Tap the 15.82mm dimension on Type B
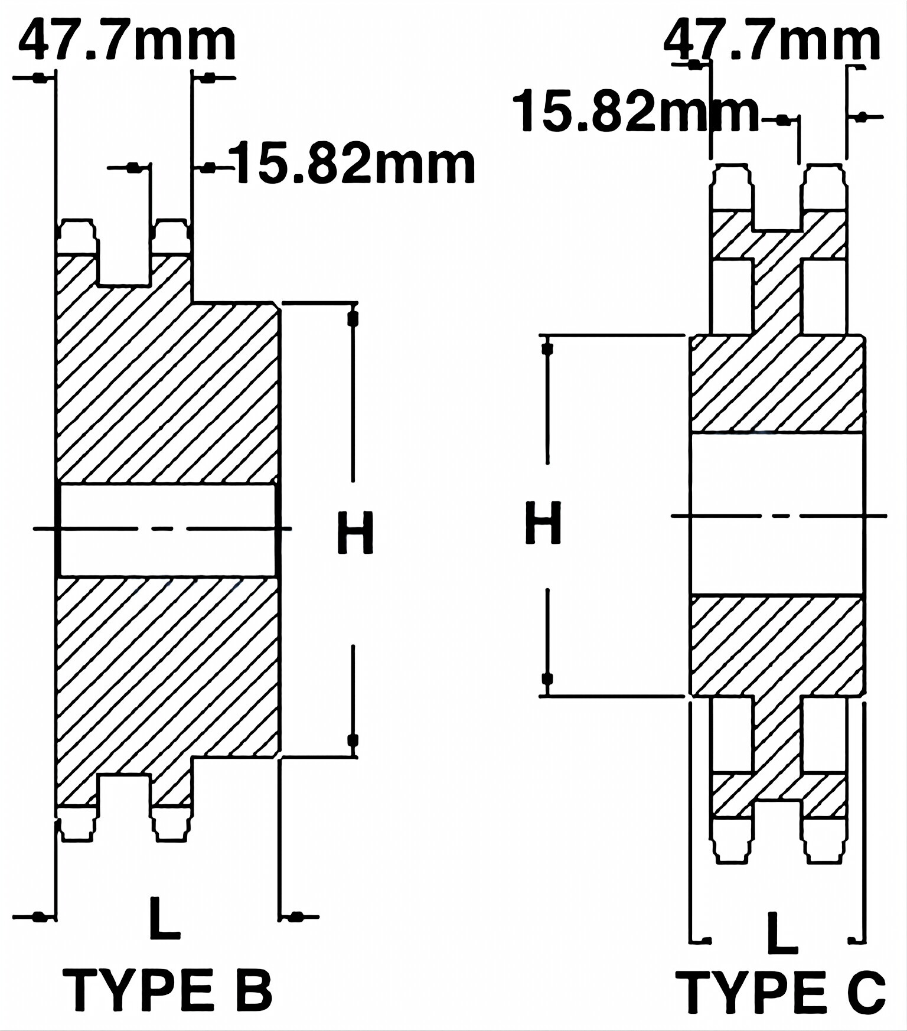354,164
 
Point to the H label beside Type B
355,533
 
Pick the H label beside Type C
543,523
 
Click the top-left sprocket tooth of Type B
77,237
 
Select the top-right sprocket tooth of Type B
173,237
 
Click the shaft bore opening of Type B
168,530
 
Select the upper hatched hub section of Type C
778,384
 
